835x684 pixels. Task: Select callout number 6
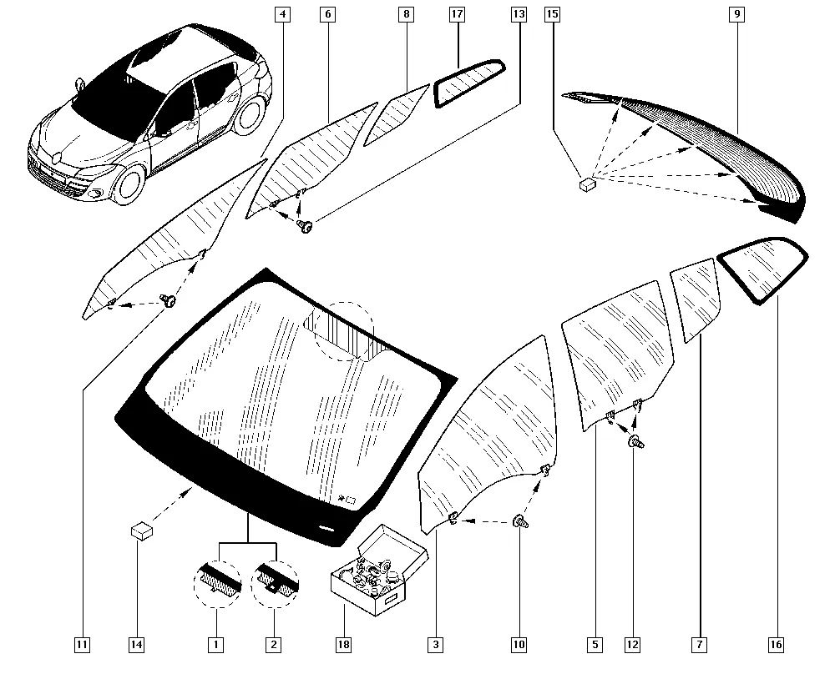(x=327, y=14)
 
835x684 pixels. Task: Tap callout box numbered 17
(x=457, y=14)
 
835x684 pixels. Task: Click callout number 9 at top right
(x=736, y=14)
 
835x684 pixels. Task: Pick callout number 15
(x=551, y=14)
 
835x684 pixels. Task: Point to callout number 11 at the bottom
(x=82, y=644)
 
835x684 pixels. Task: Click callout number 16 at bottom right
(x=777, y=644)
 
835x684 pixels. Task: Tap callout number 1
(x=215, y=644)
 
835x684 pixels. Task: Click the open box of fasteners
(x=370, y=571)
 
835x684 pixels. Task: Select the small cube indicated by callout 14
(x=142, y=529)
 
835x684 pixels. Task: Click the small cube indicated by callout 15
(x=588, y=183)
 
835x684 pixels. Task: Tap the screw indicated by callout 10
(x=519, y=522)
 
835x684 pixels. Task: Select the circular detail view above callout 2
(x=275, y=577)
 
